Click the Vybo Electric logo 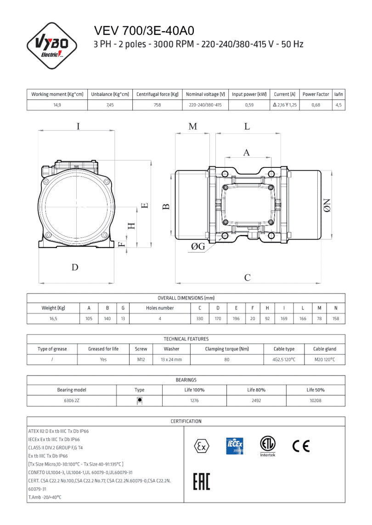click(51, 46)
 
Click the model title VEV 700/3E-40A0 click(144, 30)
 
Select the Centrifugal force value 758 click(158, 105)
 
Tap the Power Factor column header click(316, 94)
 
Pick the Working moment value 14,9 click(57, 105)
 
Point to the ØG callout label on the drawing click(198, 246)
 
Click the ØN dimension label click(327, 205)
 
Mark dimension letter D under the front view click(75, 267)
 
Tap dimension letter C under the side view click(247, 277)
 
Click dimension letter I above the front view click(78, 126)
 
